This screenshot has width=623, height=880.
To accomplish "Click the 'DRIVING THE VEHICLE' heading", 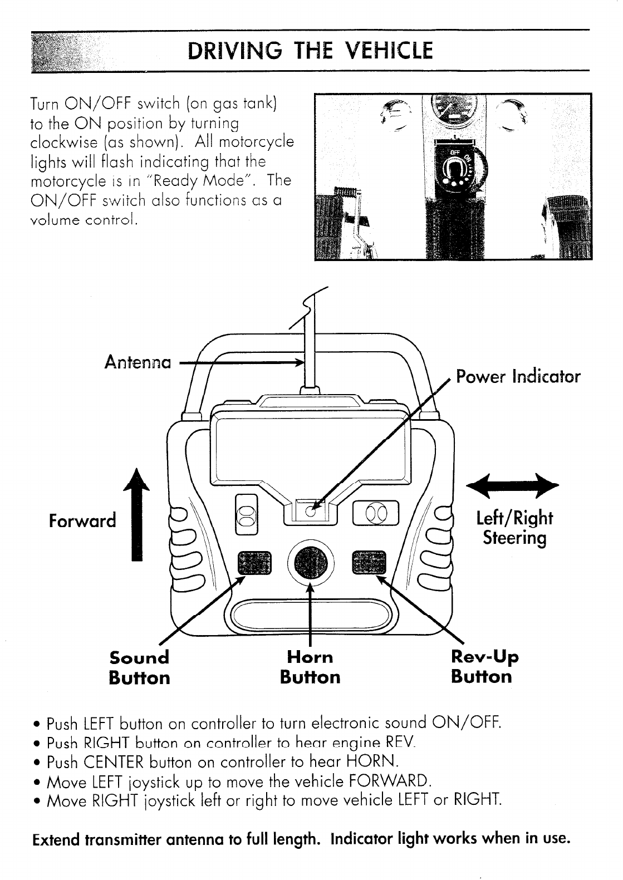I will coord(310,51).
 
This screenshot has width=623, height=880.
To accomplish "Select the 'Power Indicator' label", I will coord(518,376).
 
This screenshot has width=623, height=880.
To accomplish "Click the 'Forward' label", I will coord(82,520).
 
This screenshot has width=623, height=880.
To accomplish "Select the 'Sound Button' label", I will coord(139,667).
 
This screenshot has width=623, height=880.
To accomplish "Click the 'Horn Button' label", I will coord(310,667).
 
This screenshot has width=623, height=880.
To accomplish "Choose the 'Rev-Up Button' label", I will coord(483,666).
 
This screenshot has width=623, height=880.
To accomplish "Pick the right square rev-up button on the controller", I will coord(369,563).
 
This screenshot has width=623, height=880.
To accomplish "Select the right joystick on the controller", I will coord(376,511).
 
